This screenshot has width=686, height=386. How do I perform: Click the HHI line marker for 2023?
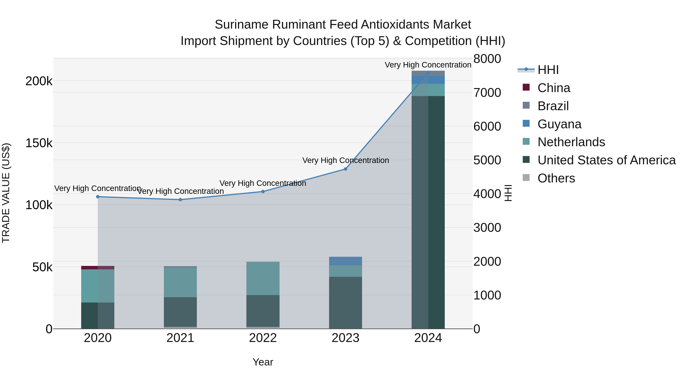coord(345,169)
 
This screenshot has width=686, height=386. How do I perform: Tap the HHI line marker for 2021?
coord(180,200)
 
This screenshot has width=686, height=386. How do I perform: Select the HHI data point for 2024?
coord(428,73)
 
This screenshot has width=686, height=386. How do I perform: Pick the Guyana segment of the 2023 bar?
coord(345,261)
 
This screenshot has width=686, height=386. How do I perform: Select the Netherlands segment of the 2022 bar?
coord(263,278)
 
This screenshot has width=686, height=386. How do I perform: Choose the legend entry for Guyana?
coord(559,124)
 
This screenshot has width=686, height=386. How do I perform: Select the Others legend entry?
coord(556,178)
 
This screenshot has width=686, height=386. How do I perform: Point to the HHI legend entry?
coord(548,70)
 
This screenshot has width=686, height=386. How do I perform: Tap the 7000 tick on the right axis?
coord(487,93)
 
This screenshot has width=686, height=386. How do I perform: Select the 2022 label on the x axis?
coord(263,338)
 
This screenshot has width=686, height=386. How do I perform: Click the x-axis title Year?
coord(263,362)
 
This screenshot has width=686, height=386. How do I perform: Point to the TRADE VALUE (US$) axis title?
coord(6,193)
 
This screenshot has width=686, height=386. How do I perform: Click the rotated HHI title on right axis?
coord(508,193)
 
